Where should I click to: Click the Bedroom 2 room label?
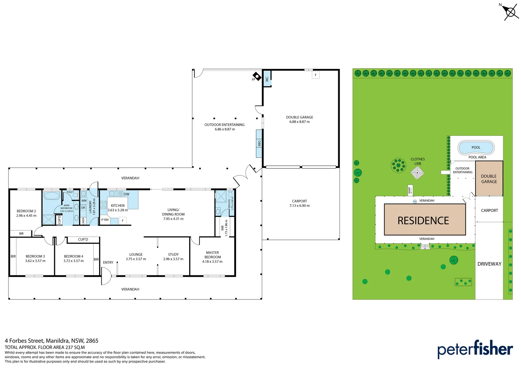point(26,211)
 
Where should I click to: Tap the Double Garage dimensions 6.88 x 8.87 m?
point(299,122)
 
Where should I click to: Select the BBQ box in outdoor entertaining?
point(259,143)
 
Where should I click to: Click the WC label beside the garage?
point(267,78)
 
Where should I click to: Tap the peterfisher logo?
point(475,349)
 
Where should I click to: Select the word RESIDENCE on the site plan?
point(423,221)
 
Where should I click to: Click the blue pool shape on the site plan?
point(476,148)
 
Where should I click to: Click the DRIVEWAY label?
point(489,264)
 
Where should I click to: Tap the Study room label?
point(173,255)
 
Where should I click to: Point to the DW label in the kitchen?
point(126,194)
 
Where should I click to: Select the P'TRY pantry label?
point(105,220)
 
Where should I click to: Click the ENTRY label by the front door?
point(108,262)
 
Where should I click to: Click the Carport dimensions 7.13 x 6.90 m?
point(299,206)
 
